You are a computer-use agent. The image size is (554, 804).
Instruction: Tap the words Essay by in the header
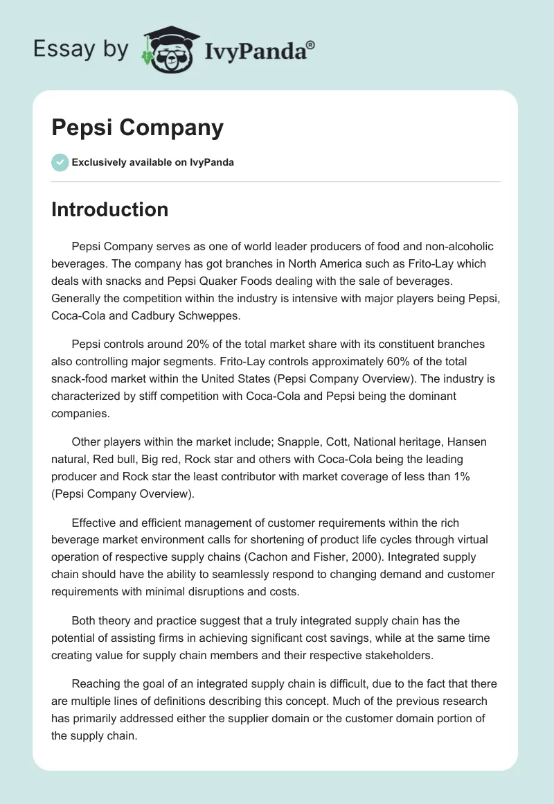pos(81,49)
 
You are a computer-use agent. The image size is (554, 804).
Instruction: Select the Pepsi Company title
pos(137,128)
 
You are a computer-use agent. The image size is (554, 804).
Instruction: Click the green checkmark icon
pos(60,162)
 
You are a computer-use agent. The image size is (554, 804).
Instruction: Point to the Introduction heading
pos(109,209)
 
